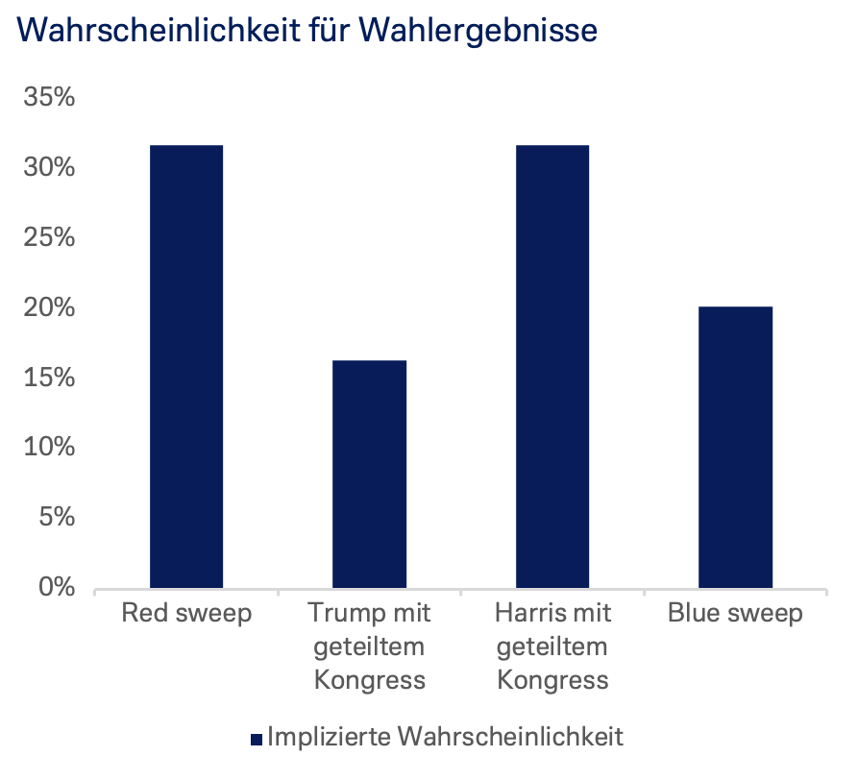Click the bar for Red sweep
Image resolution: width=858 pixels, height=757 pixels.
tap(186, 366)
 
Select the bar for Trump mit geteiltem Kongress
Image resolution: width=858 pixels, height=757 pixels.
tap(369, 474)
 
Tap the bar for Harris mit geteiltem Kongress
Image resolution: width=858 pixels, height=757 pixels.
tap(552, 366)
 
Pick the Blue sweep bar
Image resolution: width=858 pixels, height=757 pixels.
tap(735, 447)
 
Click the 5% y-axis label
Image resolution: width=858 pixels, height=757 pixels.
tap(55, 518)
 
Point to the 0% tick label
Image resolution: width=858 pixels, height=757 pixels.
tap(55, 587)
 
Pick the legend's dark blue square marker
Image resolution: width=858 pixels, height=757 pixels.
tap(257, 739)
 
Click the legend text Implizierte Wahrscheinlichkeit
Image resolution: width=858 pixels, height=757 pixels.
tap(446, 737)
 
